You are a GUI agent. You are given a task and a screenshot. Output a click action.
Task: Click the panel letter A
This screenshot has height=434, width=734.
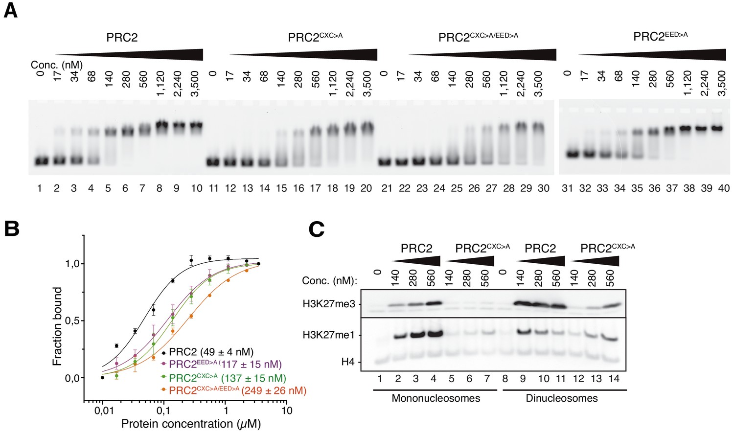tap(10, 11)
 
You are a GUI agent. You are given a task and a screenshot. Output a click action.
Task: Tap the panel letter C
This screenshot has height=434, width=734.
tap(317, 229)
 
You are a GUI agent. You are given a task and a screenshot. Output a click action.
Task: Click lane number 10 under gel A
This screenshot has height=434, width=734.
tap(197, 188)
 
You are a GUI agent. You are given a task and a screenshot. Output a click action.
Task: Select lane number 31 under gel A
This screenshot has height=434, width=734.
tap(567, 188)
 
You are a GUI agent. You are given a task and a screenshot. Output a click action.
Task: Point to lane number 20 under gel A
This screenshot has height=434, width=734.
tap(366, 188)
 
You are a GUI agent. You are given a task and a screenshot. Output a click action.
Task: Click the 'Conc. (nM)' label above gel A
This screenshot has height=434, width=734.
tap(57, 65)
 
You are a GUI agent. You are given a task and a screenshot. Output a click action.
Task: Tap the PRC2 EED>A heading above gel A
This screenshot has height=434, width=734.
tap(660, 36)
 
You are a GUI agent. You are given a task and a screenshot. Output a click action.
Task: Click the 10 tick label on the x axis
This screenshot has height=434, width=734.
tap(287, 410)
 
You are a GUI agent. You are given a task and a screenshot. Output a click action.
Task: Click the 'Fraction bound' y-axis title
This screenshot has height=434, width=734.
tap(58, 326)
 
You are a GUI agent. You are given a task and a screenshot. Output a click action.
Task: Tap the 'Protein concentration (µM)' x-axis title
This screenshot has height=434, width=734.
tap(191, 424)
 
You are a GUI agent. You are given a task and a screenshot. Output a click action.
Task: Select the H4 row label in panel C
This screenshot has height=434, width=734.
tap(348, 363)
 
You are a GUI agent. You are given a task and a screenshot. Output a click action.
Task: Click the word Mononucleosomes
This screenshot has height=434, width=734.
tap(436, 398)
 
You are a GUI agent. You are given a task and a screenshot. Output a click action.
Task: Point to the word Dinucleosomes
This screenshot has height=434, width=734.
tap(562, 398)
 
